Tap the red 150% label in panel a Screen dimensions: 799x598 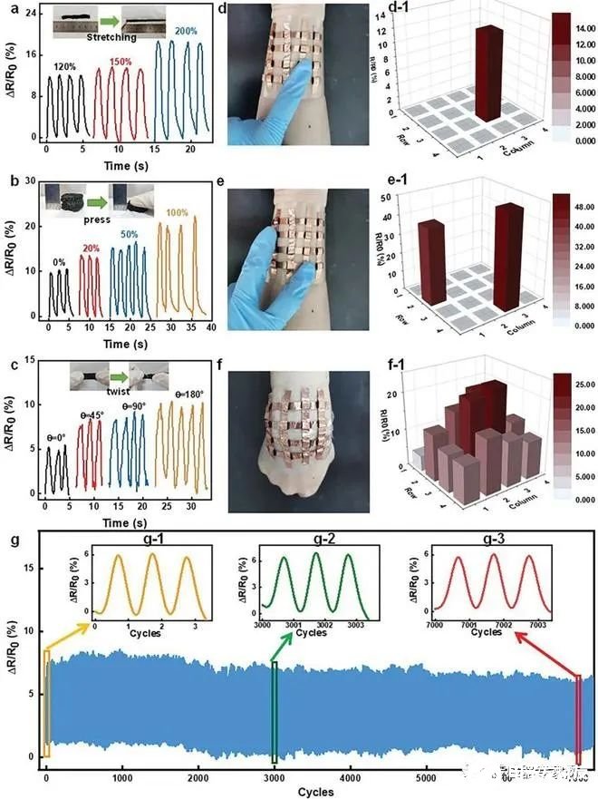point(127,61)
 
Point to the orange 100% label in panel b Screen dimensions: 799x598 point(178,213)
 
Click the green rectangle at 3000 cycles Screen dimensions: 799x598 point(275,711)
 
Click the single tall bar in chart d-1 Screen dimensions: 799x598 point(490,73)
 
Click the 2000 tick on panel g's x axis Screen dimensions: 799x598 point(198,777)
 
